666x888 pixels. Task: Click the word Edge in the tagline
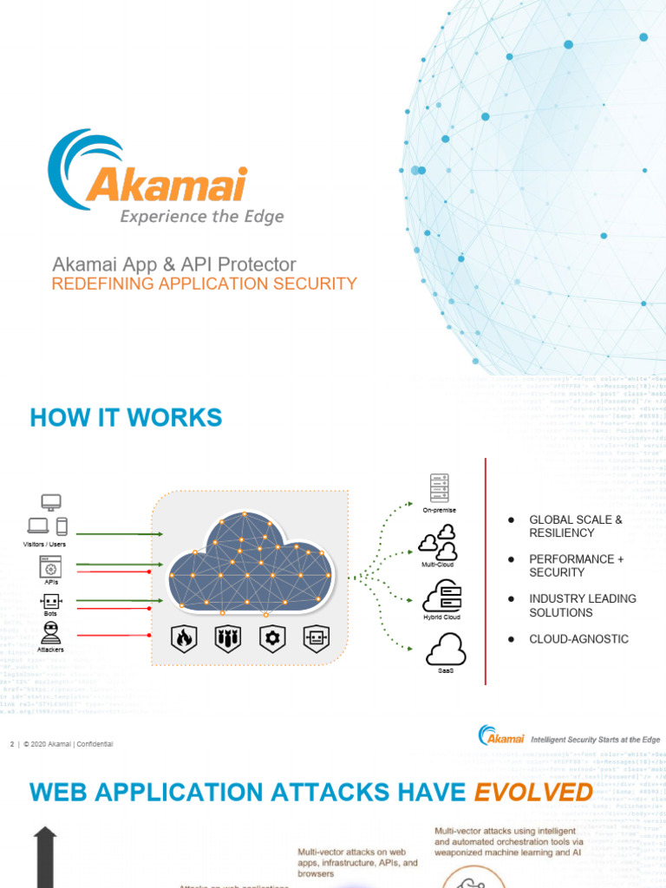point(264,216)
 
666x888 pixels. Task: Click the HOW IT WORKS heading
point(126,417)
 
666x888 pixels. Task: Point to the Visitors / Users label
point(44,544)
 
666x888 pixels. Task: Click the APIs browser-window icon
point(50,567)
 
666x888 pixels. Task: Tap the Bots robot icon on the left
point(50,601)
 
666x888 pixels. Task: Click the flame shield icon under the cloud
point(184,639)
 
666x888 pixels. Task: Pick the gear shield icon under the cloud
point(272,639)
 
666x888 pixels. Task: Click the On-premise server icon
point(439,489)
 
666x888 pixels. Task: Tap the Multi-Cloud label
point(438,565)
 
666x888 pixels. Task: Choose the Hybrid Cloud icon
point(442,596)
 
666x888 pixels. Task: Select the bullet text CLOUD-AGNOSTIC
point(578,639)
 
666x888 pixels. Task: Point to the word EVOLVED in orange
point(532,791)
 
